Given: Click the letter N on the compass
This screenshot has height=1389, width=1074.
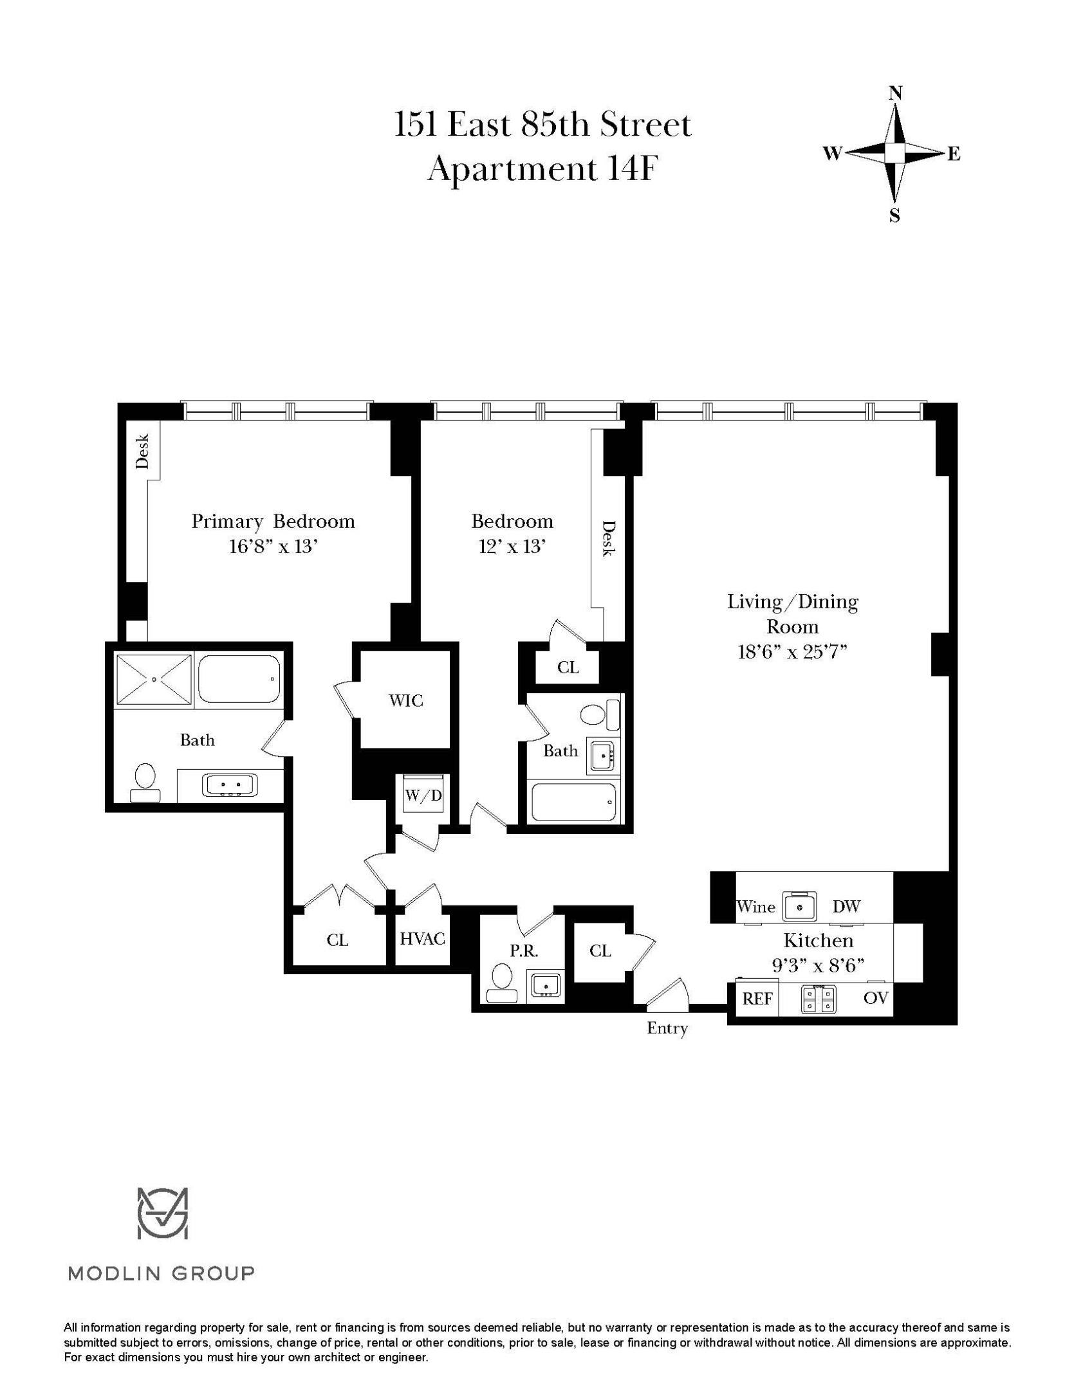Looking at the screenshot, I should coord(894,93).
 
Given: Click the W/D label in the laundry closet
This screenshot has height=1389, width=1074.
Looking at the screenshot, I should coord(423,795).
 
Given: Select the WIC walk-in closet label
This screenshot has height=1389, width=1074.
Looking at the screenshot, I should coord(406,700).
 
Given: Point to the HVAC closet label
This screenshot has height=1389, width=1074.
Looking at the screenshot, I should coord(422,939).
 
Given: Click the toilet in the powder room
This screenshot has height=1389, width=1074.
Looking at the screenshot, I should coord(501,984).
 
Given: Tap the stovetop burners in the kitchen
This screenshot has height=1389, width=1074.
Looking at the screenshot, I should coord(819,999).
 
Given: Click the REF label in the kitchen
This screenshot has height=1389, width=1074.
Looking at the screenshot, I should coord(757,999).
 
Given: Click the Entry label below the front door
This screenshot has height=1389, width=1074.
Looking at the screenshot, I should coord(667,1028).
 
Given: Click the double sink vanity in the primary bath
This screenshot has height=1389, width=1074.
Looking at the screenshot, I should coord(230,785).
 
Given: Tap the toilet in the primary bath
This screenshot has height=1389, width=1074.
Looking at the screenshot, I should coord(145,781).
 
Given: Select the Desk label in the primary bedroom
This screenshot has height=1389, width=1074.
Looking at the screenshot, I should coord(143,451).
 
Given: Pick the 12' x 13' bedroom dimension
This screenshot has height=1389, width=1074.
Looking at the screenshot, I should coord(512,547).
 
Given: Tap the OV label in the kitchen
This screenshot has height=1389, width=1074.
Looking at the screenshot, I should coord(876,998).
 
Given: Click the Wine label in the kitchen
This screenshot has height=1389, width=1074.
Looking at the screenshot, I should coord(755,907).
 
